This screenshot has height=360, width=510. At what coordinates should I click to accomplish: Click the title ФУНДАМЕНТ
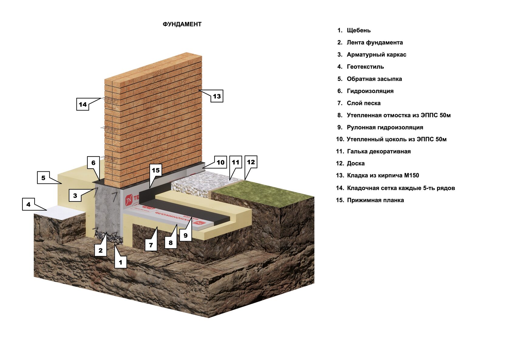tap(182, 24)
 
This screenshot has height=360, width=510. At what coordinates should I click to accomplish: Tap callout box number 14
tap(83, 104)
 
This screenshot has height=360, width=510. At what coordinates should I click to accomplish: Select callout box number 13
tap(217, 96)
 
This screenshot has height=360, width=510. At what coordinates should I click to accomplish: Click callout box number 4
tap(28, 204)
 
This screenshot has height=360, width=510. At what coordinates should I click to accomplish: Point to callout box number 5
tap(43, 178)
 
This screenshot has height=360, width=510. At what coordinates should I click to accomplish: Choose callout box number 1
tap(121, 262)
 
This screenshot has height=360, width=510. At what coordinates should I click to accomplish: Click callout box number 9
tap(185, 235)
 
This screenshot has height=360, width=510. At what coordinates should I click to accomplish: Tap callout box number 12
tap(251, 162)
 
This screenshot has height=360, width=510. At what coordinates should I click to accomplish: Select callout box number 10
tap(221, 162)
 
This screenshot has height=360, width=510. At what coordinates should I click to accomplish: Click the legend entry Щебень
tap(354, 30)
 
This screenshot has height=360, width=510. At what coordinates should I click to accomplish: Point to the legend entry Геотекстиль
tap(361, 67)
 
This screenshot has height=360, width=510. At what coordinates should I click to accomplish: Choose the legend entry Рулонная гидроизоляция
tap(380, 127)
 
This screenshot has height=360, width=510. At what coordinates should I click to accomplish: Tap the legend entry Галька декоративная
tap(373, 151)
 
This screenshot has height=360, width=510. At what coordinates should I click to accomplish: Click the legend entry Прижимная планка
tap(370, 200)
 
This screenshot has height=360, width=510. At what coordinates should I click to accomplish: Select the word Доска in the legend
tap(356, 163)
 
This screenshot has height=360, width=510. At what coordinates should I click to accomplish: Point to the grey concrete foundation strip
tap(107, 210)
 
